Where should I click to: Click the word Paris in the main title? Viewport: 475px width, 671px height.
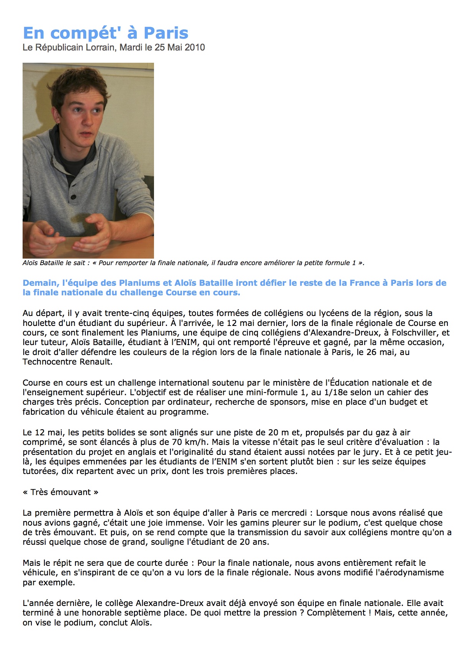166,33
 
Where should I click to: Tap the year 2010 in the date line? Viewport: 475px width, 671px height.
195,47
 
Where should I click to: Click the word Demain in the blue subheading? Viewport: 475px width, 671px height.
40,283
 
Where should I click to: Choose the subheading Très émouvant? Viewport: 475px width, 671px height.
61,492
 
